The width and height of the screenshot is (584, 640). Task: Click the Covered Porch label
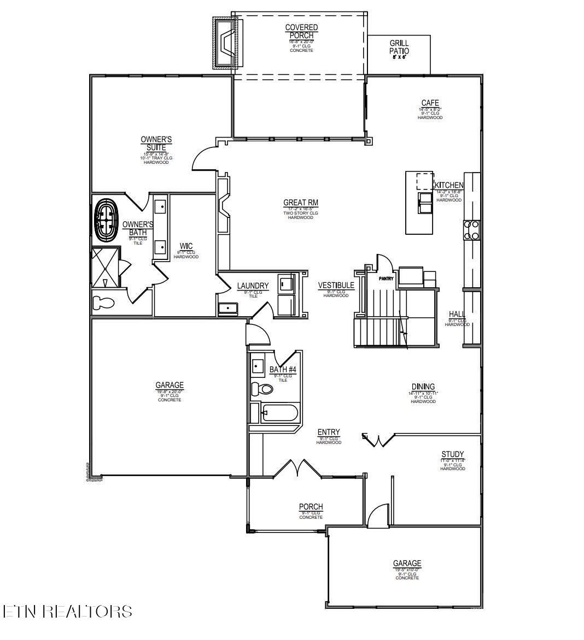tap(301, 32)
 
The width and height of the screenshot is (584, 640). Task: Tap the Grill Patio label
tap(399, 48)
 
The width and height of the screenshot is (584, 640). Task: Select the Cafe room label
tap(430, 103)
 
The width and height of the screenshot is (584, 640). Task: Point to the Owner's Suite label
tap(156, 144)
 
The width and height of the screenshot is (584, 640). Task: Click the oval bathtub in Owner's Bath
tap(107, 220)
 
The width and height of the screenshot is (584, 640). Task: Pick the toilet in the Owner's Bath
tap(103, 303)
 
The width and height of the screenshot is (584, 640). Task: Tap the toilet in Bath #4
tap(262, 389)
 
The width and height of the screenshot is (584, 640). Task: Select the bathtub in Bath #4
tap(279, 413)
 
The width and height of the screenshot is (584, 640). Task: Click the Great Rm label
tap(300, 203)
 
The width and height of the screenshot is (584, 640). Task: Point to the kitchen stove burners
tap(471, 230)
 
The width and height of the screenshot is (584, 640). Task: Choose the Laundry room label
tap(253, 286)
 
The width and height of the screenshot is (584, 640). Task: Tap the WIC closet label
tap(186, 246)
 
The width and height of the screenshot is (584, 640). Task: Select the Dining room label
tap(423, 387)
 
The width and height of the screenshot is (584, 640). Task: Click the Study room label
tap(452, 454)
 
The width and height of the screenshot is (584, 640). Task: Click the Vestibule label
tap(336, 286)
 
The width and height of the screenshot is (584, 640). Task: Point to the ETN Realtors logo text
tap(67, 611)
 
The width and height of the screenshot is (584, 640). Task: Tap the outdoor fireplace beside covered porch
tap(225, 42)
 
